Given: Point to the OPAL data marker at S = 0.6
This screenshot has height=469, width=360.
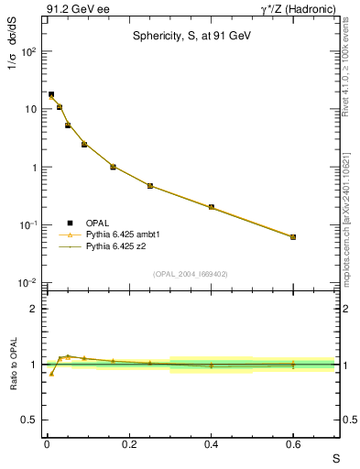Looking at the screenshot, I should coord(293,237).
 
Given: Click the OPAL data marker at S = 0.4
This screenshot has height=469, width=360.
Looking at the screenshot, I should coord(211,207).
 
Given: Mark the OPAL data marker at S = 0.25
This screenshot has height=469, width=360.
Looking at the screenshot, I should coord(149,186).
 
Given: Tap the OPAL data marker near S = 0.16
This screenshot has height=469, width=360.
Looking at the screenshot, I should coord(113,167).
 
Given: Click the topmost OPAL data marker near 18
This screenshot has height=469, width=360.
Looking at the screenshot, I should coord(51,94).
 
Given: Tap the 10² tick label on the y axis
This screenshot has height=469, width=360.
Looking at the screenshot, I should coord(29,51).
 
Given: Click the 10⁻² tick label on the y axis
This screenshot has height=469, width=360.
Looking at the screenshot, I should coord(29,283).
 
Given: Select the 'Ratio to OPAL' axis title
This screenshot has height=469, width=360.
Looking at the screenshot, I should coord(14,365).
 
